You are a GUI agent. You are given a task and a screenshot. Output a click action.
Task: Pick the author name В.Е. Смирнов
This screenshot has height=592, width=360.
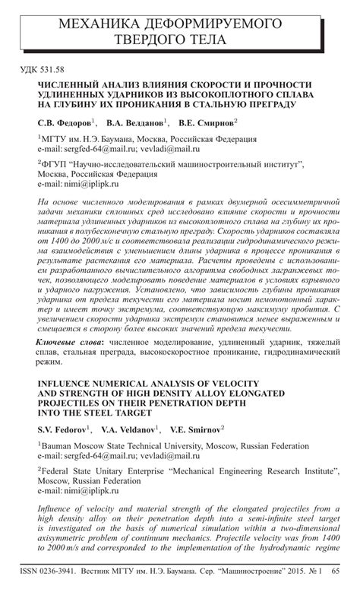coord(207,123)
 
